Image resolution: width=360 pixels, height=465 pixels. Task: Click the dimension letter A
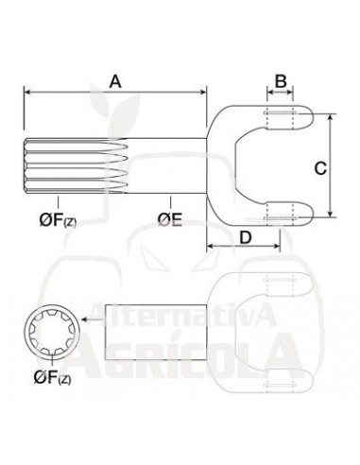(115, 81)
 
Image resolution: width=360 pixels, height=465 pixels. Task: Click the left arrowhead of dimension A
(27, 92)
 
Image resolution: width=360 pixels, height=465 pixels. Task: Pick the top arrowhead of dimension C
(332, 119)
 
